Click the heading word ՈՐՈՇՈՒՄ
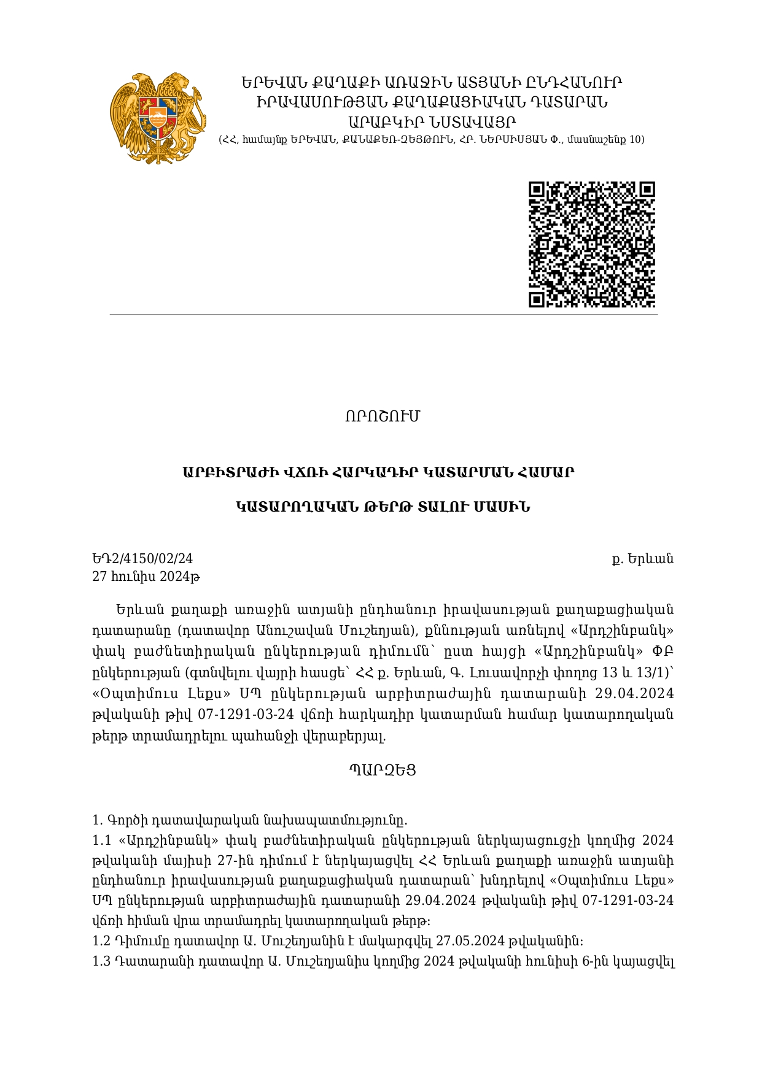point(382,417)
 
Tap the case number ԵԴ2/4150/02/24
point(142,559)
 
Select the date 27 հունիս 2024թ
point(146,577)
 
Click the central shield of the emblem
point(158,117)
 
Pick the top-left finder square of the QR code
point(537,190)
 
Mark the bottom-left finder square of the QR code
point(537,299)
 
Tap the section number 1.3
point(101,962)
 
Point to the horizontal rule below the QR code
point(383,315)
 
